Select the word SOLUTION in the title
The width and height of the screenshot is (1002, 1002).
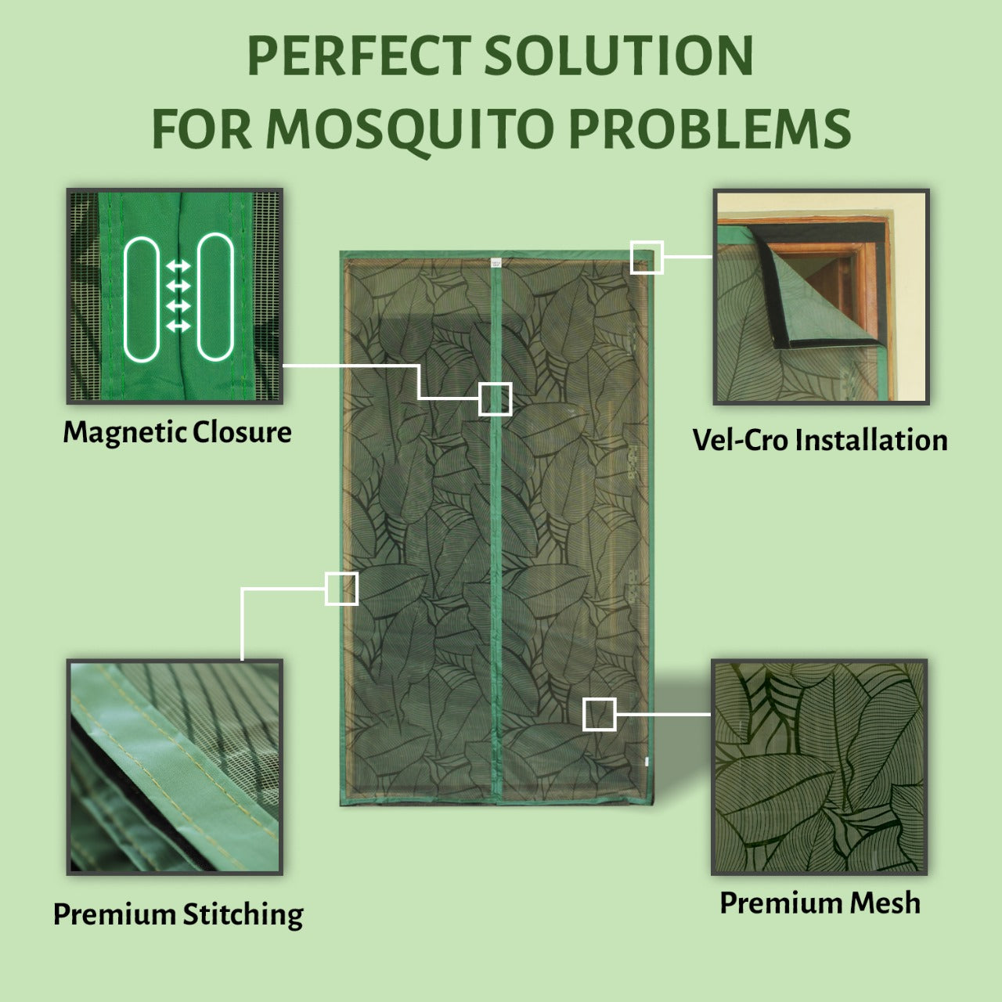coord(618,56)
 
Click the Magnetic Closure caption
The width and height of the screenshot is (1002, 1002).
coord(177,432)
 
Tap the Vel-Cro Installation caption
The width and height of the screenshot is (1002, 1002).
coord(820,440)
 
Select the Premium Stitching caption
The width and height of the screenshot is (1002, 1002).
coord(178,914)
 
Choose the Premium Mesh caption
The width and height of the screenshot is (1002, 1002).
coord(820,903)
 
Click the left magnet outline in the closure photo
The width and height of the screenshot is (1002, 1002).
coord(142,298)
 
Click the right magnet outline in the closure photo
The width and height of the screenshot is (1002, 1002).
coord(215,297)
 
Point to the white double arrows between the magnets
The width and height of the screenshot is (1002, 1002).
coord(178,296)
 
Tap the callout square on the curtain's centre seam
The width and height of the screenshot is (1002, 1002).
coord(496,398)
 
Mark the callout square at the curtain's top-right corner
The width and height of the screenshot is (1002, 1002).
coord(647,258)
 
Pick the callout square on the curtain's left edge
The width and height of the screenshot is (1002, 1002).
coord(342,589)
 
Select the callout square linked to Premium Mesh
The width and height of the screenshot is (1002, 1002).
coord(600,715)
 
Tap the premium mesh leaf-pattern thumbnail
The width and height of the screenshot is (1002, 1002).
coord(820,766)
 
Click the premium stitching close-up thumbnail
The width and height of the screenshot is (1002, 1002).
coord(175,766)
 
